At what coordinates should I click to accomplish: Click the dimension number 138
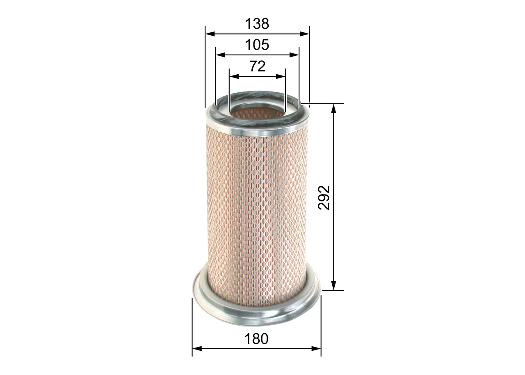[x=257, y=24]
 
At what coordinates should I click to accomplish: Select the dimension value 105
[x=257, y=45]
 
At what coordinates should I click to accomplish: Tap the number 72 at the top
[x=257, y=66]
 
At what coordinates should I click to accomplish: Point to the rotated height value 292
[x=324, y=197]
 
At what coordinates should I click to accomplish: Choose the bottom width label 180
[x=256, y=339]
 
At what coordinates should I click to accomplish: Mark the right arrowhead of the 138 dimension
[x=305, y=34]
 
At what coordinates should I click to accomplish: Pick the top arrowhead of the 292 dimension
[x=334, y=108]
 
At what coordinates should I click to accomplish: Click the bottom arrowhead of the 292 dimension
[x=334, y=286]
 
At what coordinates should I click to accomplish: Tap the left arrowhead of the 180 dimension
[x=196, y=349]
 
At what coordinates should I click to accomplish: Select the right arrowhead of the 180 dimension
[x=317, y=349]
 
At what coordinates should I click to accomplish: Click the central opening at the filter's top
[x=257, y=112]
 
